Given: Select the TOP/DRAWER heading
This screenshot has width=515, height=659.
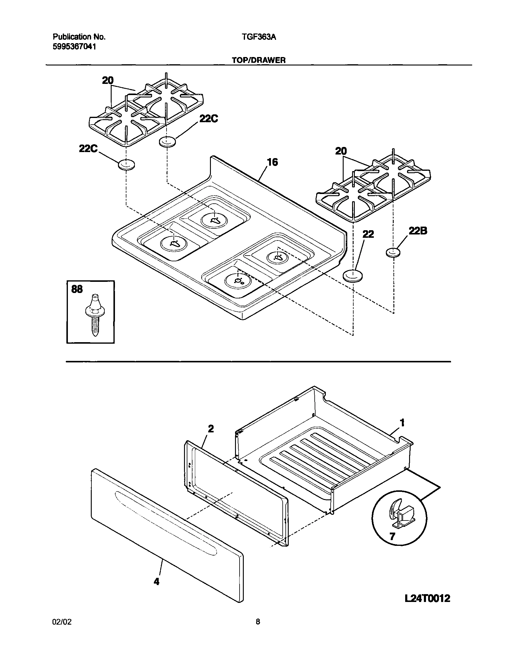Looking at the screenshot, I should (x=259, y=60).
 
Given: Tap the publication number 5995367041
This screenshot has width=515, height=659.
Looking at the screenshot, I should (x=75, y=47).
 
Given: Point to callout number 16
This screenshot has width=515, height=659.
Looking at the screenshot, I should (x=272, y=162).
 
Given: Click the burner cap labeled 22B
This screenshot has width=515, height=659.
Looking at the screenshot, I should (x=393, y=252).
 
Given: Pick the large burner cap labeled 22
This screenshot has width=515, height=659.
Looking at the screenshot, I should (x=352, y=276).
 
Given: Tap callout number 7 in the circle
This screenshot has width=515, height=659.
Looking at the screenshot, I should (x=392, y=536).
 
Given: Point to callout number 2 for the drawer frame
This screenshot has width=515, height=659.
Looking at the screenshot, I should (x=211, y=428).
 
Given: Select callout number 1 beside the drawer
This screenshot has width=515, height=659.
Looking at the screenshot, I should (x=402, y=423).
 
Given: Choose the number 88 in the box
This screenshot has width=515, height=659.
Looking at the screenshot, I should (x=77, y=289).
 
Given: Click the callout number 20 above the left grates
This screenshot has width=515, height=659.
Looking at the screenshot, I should (x=108, y=81).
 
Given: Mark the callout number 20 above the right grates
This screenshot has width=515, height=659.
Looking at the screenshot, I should (x=341, y=151).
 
